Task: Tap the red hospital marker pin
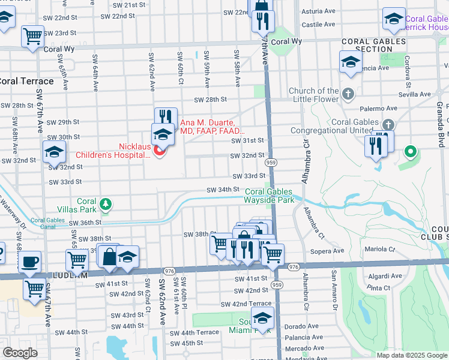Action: pos(159,151)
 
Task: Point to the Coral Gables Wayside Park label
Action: pos(270,196)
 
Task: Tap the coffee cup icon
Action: pos(29,262)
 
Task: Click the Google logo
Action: pos(20,353)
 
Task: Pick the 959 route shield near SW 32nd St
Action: pos(271,163)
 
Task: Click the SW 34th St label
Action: pos(223,190)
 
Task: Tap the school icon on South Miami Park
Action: pos(262,319)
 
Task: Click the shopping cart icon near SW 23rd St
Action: pos(33,35)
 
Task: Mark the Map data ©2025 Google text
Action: pos(411,355)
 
